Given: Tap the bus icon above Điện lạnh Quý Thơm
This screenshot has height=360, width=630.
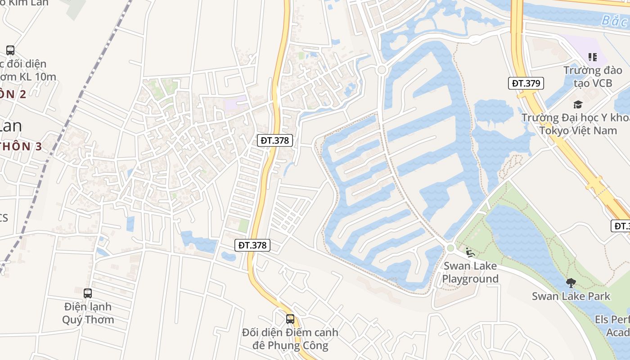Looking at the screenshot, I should coord(88,293).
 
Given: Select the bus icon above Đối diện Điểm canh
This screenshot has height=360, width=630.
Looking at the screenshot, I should coord(290,319).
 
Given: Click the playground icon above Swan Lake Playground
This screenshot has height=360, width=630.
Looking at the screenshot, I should coord(470,252).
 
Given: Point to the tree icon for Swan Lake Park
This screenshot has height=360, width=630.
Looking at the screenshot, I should coord(571,283).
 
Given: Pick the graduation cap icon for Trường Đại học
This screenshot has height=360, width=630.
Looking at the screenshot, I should coord(577,105).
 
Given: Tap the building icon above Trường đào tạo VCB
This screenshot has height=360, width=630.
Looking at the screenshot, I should coord(592,57).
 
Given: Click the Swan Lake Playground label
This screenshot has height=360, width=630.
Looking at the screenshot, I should coord(470,272).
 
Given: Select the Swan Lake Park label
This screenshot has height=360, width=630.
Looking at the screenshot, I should coord(571,296).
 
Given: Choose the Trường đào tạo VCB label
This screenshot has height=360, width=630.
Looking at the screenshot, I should coord(593,76).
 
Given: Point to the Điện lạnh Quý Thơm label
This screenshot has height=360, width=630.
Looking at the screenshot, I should coord(88,313).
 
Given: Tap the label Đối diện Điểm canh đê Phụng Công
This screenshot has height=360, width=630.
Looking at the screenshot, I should coord(290,339).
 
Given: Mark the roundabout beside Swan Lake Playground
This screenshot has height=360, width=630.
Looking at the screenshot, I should coord(450,248).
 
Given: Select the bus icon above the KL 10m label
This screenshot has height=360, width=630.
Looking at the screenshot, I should coord(10,50).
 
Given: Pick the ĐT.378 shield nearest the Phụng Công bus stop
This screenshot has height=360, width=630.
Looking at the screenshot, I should coord(252,245).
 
